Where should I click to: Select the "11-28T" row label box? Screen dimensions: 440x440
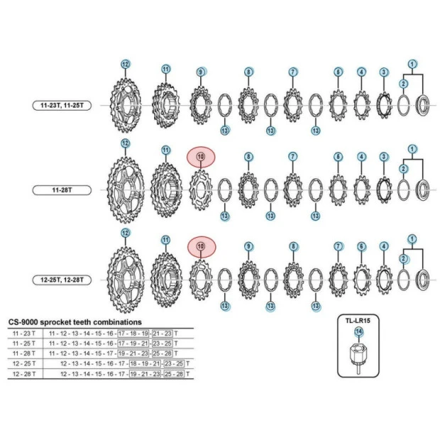tap(62, 189)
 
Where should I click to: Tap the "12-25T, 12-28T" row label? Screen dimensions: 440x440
tap(62, 280)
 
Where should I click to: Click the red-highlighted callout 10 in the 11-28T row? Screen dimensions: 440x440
tap(200, 156)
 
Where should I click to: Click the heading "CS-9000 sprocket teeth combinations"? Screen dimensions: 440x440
tap(75, 321)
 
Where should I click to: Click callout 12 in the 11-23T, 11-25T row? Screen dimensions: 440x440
tap(125, 64)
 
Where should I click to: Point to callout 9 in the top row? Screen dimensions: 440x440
tap(201, 72)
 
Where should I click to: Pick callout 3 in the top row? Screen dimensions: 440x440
tap(384, 72)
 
